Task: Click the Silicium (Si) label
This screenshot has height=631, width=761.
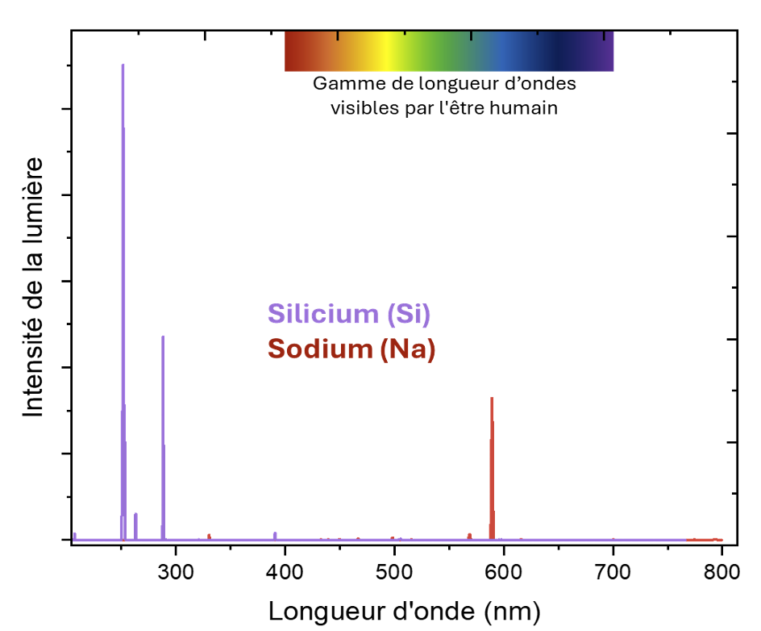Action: click(349, 314)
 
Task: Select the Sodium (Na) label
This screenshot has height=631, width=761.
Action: click(351, 349)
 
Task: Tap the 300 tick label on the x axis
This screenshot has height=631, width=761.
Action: click(176, 572)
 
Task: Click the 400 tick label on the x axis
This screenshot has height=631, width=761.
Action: click(285, 572)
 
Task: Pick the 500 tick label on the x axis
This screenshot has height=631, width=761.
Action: click(395, 572)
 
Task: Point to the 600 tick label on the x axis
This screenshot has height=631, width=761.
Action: click(504, 572)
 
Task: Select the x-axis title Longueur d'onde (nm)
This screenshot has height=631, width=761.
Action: click(405, 610)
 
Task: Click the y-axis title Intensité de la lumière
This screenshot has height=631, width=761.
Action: click(33, 287)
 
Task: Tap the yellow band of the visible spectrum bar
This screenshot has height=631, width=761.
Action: click(387, 51)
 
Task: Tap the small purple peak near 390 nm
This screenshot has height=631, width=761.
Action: click(275, 535)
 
